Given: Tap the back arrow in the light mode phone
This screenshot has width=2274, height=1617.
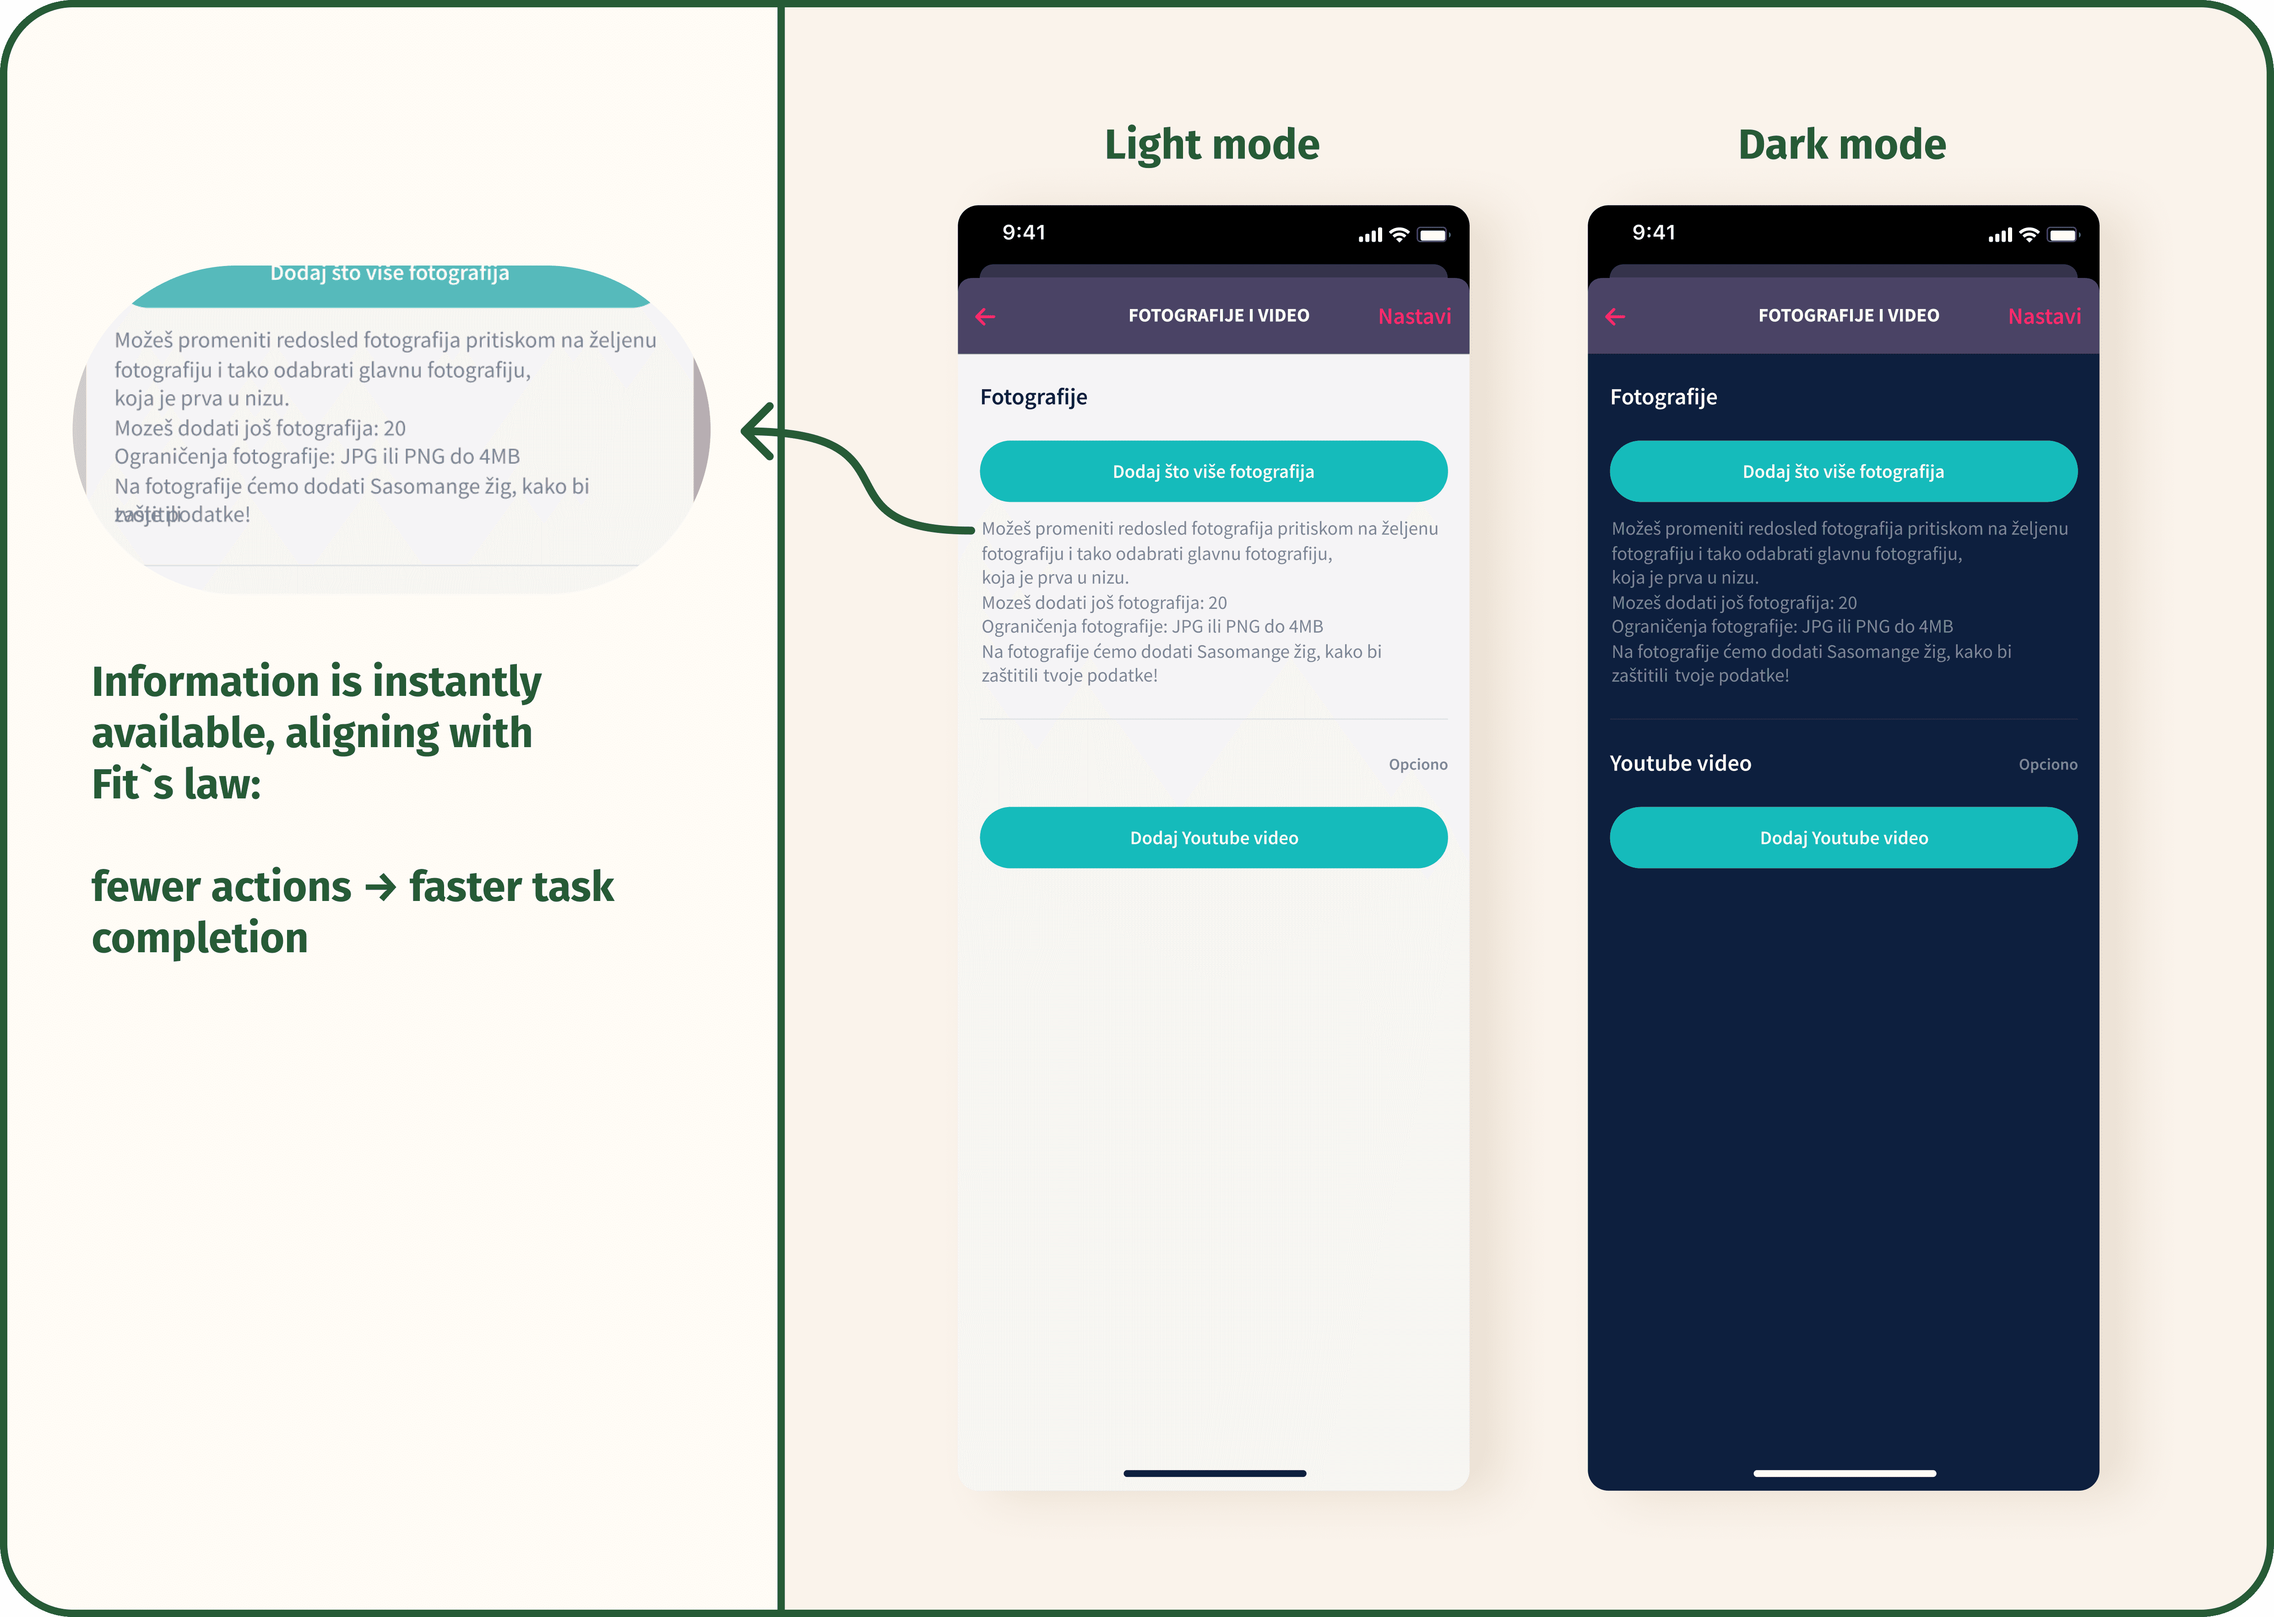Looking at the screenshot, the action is point(986,317).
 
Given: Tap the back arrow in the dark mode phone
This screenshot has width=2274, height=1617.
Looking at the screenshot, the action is point(1615,317).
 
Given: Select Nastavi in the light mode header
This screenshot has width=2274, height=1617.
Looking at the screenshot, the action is point(1414,317).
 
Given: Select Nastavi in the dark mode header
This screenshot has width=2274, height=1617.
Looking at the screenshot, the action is point(2044,317).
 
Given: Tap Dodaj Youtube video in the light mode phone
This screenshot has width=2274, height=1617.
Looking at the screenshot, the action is point(1214,837).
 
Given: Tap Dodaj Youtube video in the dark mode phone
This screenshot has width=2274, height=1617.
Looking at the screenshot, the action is point(1843,837).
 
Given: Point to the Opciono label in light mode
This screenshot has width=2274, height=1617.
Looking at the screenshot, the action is point(1418,765).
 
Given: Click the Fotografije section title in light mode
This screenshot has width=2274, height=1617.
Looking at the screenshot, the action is point(1033,397).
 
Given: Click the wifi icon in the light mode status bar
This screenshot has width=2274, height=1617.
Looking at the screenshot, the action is point(1399,235).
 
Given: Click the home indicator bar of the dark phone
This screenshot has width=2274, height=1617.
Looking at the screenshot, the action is point(1844,1473).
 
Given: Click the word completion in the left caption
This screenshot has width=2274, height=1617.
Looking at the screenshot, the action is point(200,938).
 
